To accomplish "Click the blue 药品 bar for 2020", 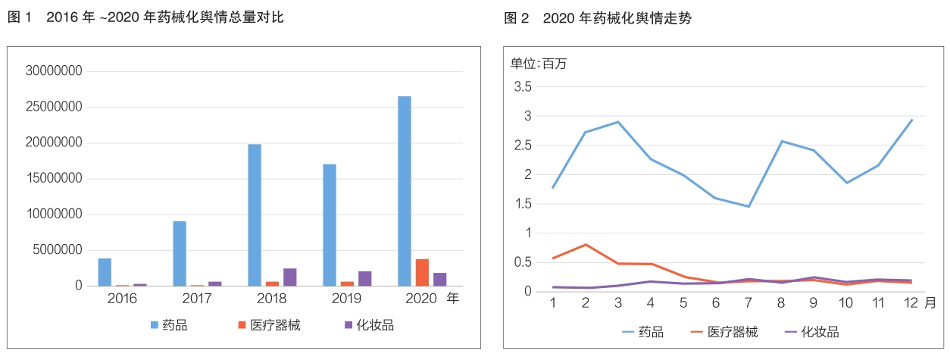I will pos(405,191).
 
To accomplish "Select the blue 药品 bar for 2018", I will pos(255,215).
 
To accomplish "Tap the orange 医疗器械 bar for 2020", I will pos(422,273).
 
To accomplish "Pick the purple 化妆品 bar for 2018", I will pos(290,277).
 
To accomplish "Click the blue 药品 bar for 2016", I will pos(105,272).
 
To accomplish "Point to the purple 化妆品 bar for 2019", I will pos(365,278).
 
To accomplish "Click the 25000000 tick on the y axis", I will pos(55,108).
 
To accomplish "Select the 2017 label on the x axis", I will pos(197,299).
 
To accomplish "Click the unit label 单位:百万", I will pos(538,64).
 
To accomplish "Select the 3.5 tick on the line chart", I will pos(523,87).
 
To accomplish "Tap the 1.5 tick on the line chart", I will pos(523,204).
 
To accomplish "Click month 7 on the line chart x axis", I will pos(748,302).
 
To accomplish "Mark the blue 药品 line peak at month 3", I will pos(618,122).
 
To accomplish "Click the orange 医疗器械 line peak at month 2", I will pos(586,245).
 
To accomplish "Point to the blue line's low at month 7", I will pos(748,206).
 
